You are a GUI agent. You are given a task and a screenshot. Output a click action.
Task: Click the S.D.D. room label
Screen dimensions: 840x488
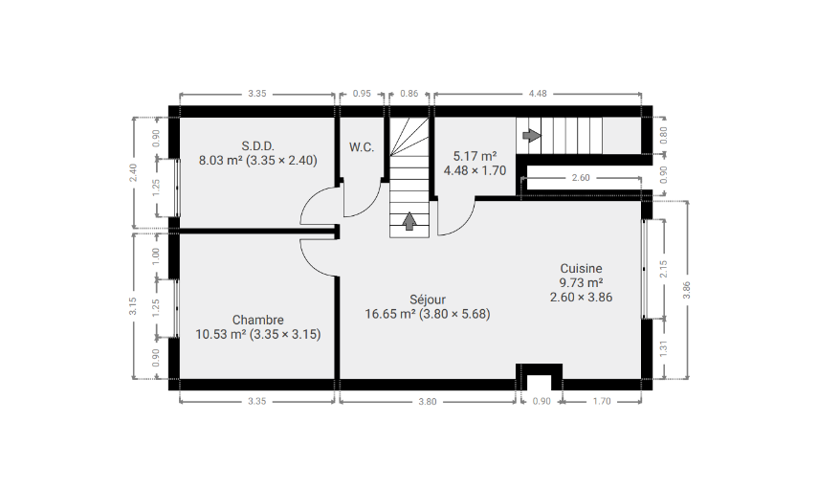257,146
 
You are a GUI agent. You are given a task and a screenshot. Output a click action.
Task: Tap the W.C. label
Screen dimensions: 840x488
362,147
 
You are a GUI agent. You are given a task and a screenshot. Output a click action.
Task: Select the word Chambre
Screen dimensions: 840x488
257,320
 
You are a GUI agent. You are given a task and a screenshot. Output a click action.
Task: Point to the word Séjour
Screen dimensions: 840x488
428,300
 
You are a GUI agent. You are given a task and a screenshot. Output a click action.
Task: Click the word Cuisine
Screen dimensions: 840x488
582,268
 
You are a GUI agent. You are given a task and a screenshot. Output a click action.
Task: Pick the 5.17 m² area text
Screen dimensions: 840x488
475,156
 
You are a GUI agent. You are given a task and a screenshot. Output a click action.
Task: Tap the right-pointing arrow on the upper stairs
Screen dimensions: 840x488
531,135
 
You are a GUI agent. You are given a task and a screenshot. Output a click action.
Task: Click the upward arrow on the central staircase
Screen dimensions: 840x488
409,221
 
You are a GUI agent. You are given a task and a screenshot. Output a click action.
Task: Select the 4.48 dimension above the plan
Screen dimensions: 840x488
538,94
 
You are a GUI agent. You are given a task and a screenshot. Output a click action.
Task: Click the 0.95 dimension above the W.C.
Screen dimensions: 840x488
362,94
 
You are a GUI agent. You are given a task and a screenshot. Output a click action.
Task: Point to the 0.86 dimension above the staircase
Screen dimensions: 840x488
409,94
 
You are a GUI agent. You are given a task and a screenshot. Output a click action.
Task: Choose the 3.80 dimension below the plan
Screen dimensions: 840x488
428,401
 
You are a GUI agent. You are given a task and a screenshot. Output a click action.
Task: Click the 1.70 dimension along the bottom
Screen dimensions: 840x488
602,401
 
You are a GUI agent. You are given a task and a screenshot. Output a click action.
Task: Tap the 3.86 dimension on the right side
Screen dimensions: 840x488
686,290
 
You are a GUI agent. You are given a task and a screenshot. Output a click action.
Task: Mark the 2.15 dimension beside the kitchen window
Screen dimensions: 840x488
664,269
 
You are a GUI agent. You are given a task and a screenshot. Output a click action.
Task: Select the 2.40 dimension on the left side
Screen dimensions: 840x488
133,172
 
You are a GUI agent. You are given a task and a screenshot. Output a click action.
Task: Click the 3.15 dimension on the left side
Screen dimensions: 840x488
133,306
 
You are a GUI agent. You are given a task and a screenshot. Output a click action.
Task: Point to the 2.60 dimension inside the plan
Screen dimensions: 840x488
581,178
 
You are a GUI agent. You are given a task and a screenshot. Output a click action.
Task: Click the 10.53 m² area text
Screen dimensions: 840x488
221,335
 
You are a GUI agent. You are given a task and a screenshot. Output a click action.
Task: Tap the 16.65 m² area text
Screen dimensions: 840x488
390,314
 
